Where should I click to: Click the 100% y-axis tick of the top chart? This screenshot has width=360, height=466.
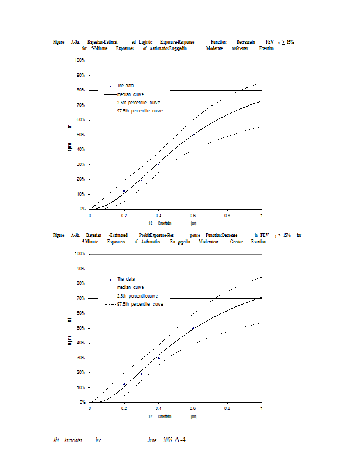click(x=80, y=61)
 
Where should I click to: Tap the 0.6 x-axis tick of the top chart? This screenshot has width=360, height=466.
click(x=193, y=215)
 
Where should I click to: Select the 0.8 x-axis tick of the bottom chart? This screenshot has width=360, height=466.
click(x=227, y=408)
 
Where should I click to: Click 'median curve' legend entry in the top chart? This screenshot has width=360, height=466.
click(x=130, y=94)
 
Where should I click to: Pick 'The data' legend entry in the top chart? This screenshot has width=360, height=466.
click(x=125, y=86)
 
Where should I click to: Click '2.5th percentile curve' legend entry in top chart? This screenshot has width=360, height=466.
click(x=139, y=103)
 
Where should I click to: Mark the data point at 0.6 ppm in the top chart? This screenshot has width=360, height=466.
click(x=193, y=135)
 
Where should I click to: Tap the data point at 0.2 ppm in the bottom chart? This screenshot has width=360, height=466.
click(x=124, y=384)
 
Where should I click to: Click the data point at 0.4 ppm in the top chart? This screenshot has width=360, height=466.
click(x=158, y=164)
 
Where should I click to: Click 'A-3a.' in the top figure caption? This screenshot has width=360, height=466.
click(x=76, y=42)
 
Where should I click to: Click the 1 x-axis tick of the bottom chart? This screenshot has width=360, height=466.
click(x=262, y=408)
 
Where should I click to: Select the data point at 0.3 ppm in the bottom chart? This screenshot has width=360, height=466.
click(x=141, y=374)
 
